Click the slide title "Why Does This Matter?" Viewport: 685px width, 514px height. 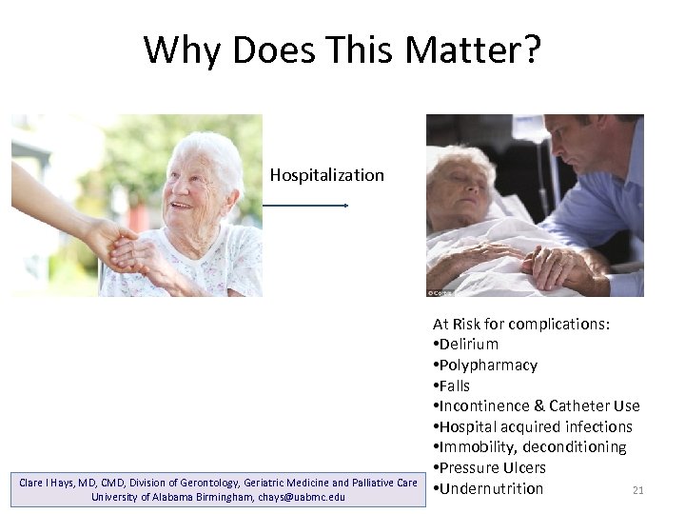[342, 49]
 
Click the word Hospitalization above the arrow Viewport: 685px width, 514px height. [326, 175]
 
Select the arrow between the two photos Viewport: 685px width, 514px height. [305, 205]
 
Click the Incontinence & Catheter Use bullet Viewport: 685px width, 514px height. [537, 406]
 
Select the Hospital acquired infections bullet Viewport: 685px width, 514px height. [533, 426]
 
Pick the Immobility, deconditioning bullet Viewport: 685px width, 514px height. [530, 447]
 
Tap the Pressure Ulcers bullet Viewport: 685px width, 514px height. [490, 468]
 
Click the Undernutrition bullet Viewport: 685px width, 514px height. [488, 489]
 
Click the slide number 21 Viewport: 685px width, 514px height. [638, 491]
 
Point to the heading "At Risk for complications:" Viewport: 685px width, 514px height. [521, 325]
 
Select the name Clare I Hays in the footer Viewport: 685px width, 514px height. [48, 483]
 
